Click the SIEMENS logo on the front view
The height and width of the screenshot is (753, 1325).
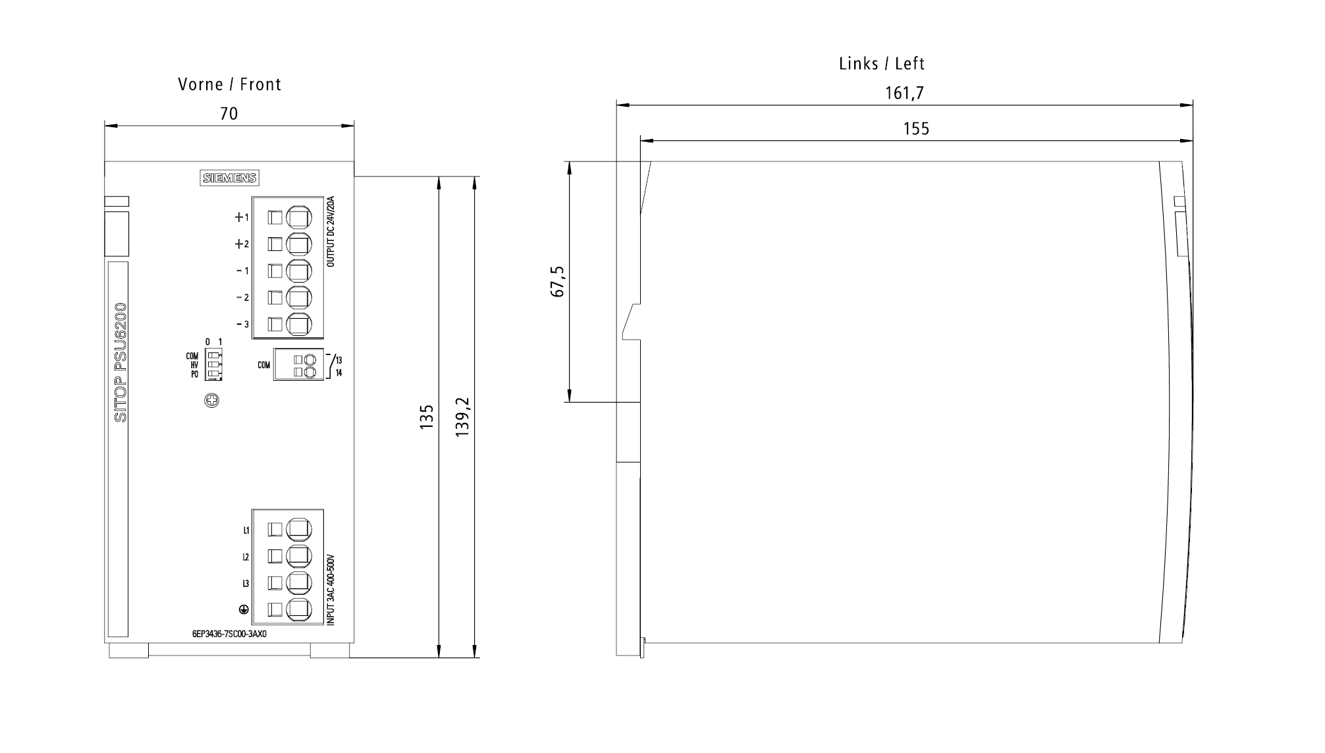pyautogui.click(x=229, y=178)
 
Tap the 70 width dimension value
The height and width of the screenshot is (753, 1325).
pyautogui.click(x=229, y=114)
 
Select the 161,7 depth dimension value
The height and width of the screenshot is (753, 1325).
pyautogui.click(x=904, y=94)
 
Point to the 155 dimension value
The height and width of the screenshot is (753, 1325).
pyautogui.click(x=916, y=128)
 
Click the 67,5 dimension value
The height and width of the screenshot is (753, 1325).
pyautogui.click(x=558, y=281)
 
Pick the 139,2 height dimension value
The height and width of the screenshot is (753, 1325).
pyautogui.click(x=462, y=417)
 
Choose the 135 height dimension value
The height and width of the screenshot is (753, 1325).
pyautogui.click(x=427, y=417)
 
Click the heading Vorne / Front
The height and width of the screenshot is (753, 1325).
pyautogui.click(x=229, y=84)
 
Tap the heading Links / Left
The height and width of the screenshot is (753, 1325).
pyautogui.click(x=882, y=64)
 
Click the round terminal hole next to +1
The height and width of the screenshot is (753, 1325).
pyautogui.click(x=298, y=217)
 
